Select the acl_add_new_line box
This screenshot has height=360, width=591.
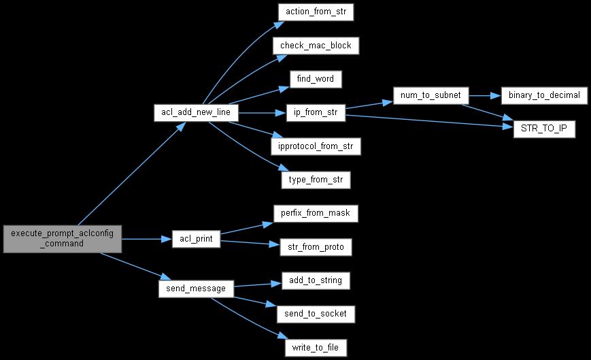(195, 113)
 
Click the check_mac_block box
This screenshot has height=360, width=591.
(316, 46)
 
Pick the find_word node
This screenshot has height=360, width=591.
(315, 79)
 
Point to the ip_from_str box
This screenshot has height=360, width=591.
(316, 113)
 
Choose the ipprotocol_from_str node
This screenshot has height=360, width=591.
(316, 146)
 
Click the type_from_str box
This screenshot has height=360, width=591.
(316, 180)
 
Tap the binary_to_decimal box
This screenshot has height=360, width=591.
(543, 96)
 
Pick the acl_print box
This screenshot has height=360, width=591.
(195, 239)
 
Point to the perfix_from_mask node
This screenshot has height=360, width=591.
(316, 213)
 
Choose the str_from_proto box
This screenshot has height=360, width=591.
(316, 246)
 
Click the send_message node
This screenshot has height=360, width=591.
(196, 288)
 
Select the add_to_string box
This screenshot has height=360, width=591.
(316, 280)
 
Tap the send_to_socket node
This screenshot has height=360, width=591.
(316, 313)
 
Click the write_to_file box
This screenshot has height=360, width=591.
(316, 347)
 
